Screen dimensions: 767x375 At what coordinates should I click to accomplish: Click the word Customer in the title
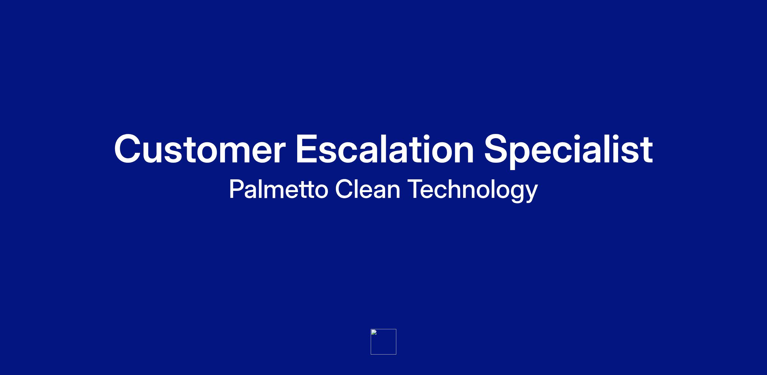point(199,149)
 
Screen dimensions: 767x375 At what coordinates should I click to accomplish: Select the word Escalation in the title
point(384,149)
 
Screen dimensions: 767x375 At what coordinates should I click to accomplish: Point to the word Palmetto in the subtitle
point(279,189)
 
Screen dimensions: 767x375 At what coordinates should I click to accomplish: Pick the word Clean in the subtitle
point(368,189)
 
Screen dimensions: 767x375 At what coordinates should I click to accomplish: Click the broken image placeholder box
point(383,342)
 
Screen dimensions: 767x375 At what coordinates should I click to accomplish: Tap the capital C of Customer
point(128,149)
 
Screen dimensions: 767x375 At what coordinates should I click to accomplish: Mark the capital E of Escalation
point(307,149)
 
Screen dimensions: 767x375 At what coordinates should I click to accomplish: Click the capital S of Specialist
point(497,149)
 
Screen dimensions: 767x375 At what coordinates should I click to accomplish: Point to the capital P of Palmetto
point(236,189)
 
